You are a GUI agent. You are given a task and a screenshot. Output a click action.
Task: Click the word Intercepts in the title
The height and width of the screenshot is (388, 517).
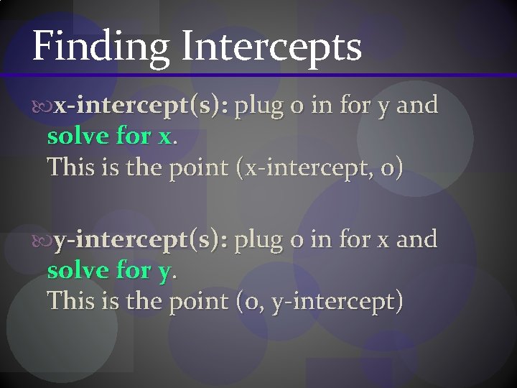272,48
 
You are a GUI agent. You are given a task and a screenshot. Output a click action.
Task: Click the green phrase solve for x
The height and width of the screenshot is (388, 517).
110,136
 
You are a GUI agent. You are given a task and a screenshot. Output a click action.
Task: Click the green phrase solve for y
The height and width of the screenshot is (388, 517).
110,270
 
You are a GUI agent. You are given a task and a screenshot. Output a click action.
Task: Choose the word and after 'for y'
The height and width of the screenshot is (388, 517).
416,105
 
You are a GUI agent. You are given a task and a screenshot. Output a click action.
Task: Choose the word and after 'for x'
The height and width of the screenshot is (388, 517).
416,239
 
